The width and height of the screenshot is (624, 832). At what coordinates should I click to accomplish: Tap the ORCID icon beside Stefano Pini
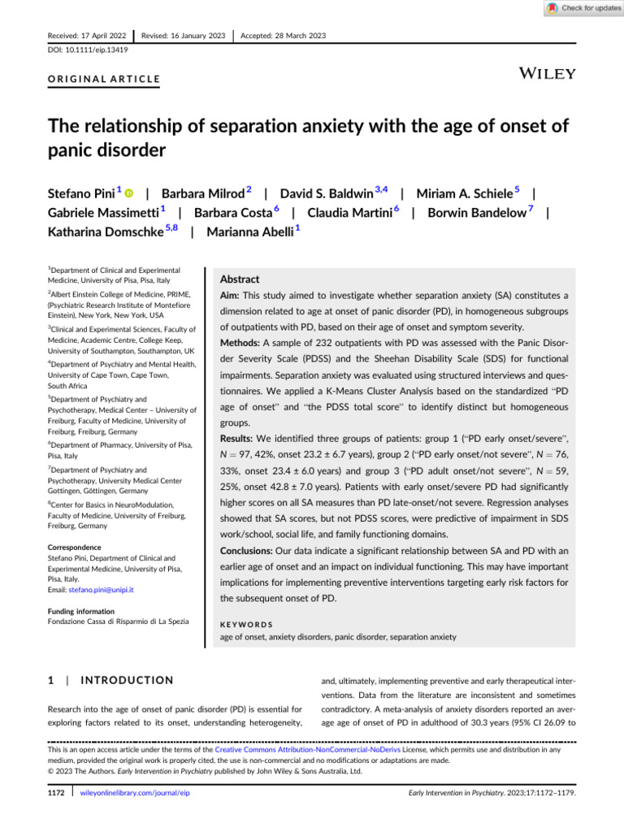click(x=128, y=194)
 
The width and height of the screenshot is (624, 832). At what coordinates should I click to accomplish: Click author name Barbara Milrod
click(x=202, y=194)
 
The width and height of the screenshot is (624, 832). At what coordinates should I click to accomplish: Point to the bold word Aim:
click(x=232, y=297)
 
